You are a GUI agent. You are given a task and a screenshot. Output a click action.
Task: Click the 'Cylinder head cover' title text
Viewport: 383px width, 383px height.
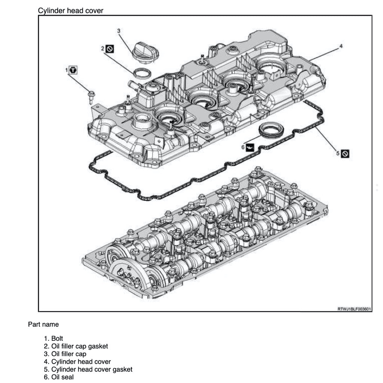(70, 10)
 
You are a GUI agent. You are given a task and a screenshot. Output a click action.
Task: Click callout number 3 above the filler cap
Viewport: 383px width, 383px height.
(119, 31)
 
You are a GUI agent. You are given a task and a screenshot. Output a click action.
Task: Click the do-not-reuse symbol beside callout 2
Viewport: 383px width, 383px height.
(110, 49)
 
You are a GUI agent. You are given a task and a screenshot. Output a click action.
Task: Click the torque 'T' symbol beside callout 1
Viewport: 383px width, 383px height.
(74, 70)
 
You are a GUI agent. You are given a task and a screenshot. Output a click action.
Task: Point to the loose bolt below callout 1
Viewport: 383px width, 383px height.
(91, 96)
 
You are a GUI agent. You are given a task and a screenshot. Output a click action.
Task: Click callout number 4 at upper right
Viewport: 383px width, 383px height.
(341, 46)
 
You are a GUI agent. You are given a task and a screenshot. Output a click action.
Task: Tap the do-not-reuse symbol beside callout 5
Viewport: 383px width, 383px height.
(346, 153)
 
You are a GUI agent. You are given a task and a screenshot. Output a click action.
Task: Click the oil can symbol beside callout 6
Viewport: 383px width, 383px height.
(250, 148)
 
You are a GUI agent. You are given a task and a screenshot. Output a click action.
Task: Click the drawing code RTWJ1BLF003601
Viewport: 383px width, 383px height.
(354, 309)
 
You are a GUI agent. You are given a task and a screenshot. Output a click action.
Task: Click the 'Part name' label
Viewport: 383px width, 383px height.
(43, 324)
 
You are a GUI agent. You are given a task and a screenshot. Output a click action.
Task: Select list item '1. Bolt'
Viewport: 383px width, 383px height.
(53, 338)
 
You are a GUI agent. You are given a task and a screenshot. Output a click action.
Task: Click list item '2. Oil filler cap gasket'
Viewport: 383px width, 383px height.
(76, 346)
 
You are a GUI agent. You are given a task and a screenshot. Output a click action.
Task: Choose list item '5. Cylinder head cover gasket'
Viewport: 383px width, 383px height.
(88, 370)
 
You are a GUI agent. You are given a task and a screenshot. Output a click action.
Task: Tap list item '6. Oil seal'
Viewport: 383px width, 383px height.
(59, 377)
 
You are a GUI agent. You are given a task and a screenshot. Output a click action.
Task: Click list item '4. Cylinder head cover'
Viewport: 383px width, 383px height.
(77, 362)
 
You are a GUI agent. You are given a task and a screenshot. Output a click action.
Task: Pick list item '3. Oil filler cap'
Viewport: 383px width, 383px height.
(65, 354)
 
